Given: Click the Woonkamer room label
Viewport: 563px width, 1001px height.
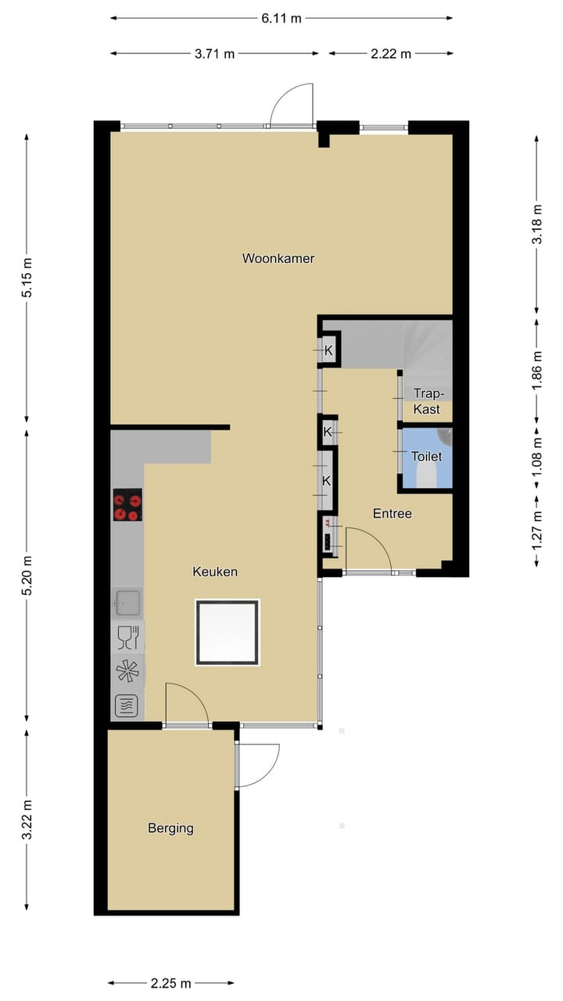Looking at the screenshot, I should coord(278,258).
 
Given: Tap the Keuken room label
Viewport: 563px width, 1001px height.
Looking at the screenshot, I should coord(215,572).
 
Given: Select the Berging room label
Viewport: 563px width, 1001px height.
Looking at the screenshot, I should coord(170,828).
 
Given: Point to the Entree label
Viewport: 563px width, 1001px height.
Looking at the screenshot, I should coord(392,514).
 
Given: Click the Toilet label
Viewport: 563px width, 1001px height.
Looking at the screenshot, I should coord(427,457).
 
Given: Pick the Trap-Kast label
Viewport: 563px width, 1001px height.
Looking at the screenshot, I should coord(427,402).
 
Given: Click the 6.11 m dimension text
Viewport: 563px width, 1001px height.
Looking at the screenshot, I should coord(281,19).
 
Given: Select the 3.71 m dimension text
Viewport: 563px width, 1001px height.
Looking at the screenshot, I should coord(214,54).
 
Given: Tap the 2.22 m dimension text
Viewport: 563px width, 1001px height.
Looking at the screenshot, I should coord(391,54).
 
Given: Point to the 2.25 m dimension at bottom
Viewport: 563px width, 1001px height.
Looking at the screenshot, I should coord(170,983).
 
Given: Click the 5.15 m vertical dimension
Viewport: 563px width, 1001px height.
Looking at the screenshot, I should coord(27,278).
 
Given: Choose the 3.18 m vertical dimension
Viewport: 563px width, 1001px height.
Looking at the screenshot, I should coord(536,224).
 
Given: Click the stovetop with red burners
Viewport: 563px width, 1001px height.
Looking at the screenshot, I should coord(127,504).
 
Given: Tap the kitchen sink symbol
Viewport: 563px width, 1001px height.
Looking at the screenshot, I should coord(127,602).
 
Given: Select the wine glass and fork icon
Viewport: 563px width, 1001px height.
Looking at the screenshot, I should coord(127,638).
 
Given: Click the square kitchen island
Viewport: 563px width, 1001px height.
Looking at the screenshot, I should coord(227,632).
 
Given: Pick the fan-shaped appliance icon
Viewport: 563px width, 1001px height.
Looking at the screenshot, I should coord(127,673).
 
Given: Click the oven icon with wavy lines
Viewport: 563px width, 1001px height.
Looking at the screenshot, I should coord(127,706).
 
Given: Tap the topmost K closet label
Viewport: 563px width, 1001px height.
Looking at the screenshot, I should coord(328,350).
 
